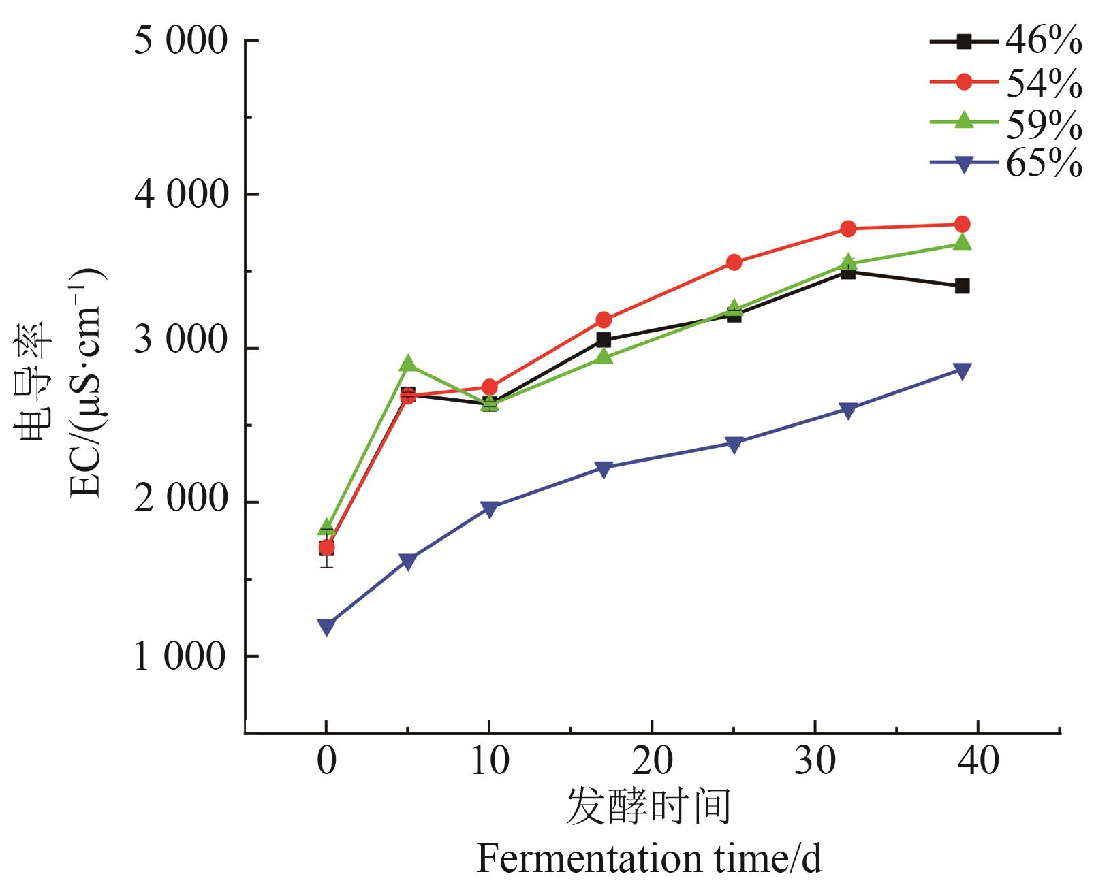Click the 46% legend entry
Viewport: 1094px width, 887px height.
tap(1005, 42)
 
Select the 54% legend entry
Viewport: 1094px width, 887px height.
tap(1005, 82)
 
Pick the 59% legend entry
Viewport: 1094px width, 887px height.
tap(1005, 123)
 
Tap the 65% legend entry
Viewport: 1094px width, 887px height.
tap(1005, 163)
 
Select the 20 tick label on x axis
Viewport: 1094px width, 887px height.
tap(652, 760)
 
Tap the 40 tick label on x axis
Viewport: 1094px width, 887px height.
tap(978, 760)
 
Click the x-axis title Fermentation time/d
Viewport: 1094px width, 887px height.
tap(649, 858)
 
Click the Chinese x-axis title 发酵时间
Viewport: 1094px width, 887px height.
tap(648, 807)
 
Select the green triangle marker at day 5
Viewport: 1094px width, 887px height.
tap(407, 364)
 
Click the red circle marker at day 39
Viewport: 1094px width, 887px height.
tap(962, 224)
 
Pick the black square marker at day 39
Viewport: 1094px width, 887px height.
tap(962, 286)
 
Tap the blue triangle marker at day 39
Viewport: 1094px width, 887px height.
tap(962, 371)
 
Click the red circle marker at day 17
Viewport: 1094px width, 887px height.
tap(603, 319)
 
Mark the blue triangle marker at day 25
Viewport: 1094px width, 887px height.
tap(734, 445)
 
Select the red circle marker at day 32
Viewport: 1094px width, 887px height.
tap(848, 229)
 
